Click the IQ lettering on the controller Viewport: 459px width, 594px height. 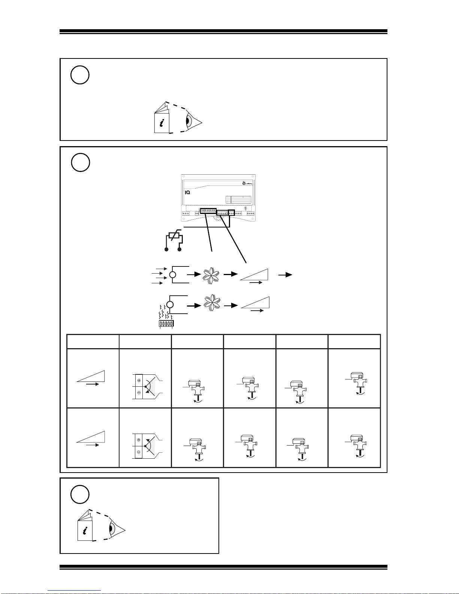pyautogui.click(x=188, y=192)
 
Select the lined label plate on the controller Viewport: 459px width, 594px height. pyautogui.click(x=238, y=199)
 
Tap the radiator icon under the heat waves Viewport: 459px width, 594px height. pyautogui.click(x=166, y=323)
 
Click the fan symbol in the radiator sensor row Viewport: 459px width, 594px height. pyautogui.click(x=211, y=305)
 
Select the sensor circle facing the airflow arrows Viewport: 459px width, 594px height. pyautogui.click(x=172, y=275)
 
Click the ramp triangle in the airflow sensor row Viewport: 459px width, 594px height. pyautogui.click(x=255, y=275)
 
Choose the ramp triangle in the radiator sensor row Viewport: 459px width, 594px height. pyautogui.click(x=256, y=303)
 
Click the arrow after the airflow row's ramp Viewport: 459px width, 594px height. pyautogui.click(x=286, y=275)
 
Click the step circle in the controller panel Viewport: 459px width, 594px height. pyautogui.click(x=80, y=163)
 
